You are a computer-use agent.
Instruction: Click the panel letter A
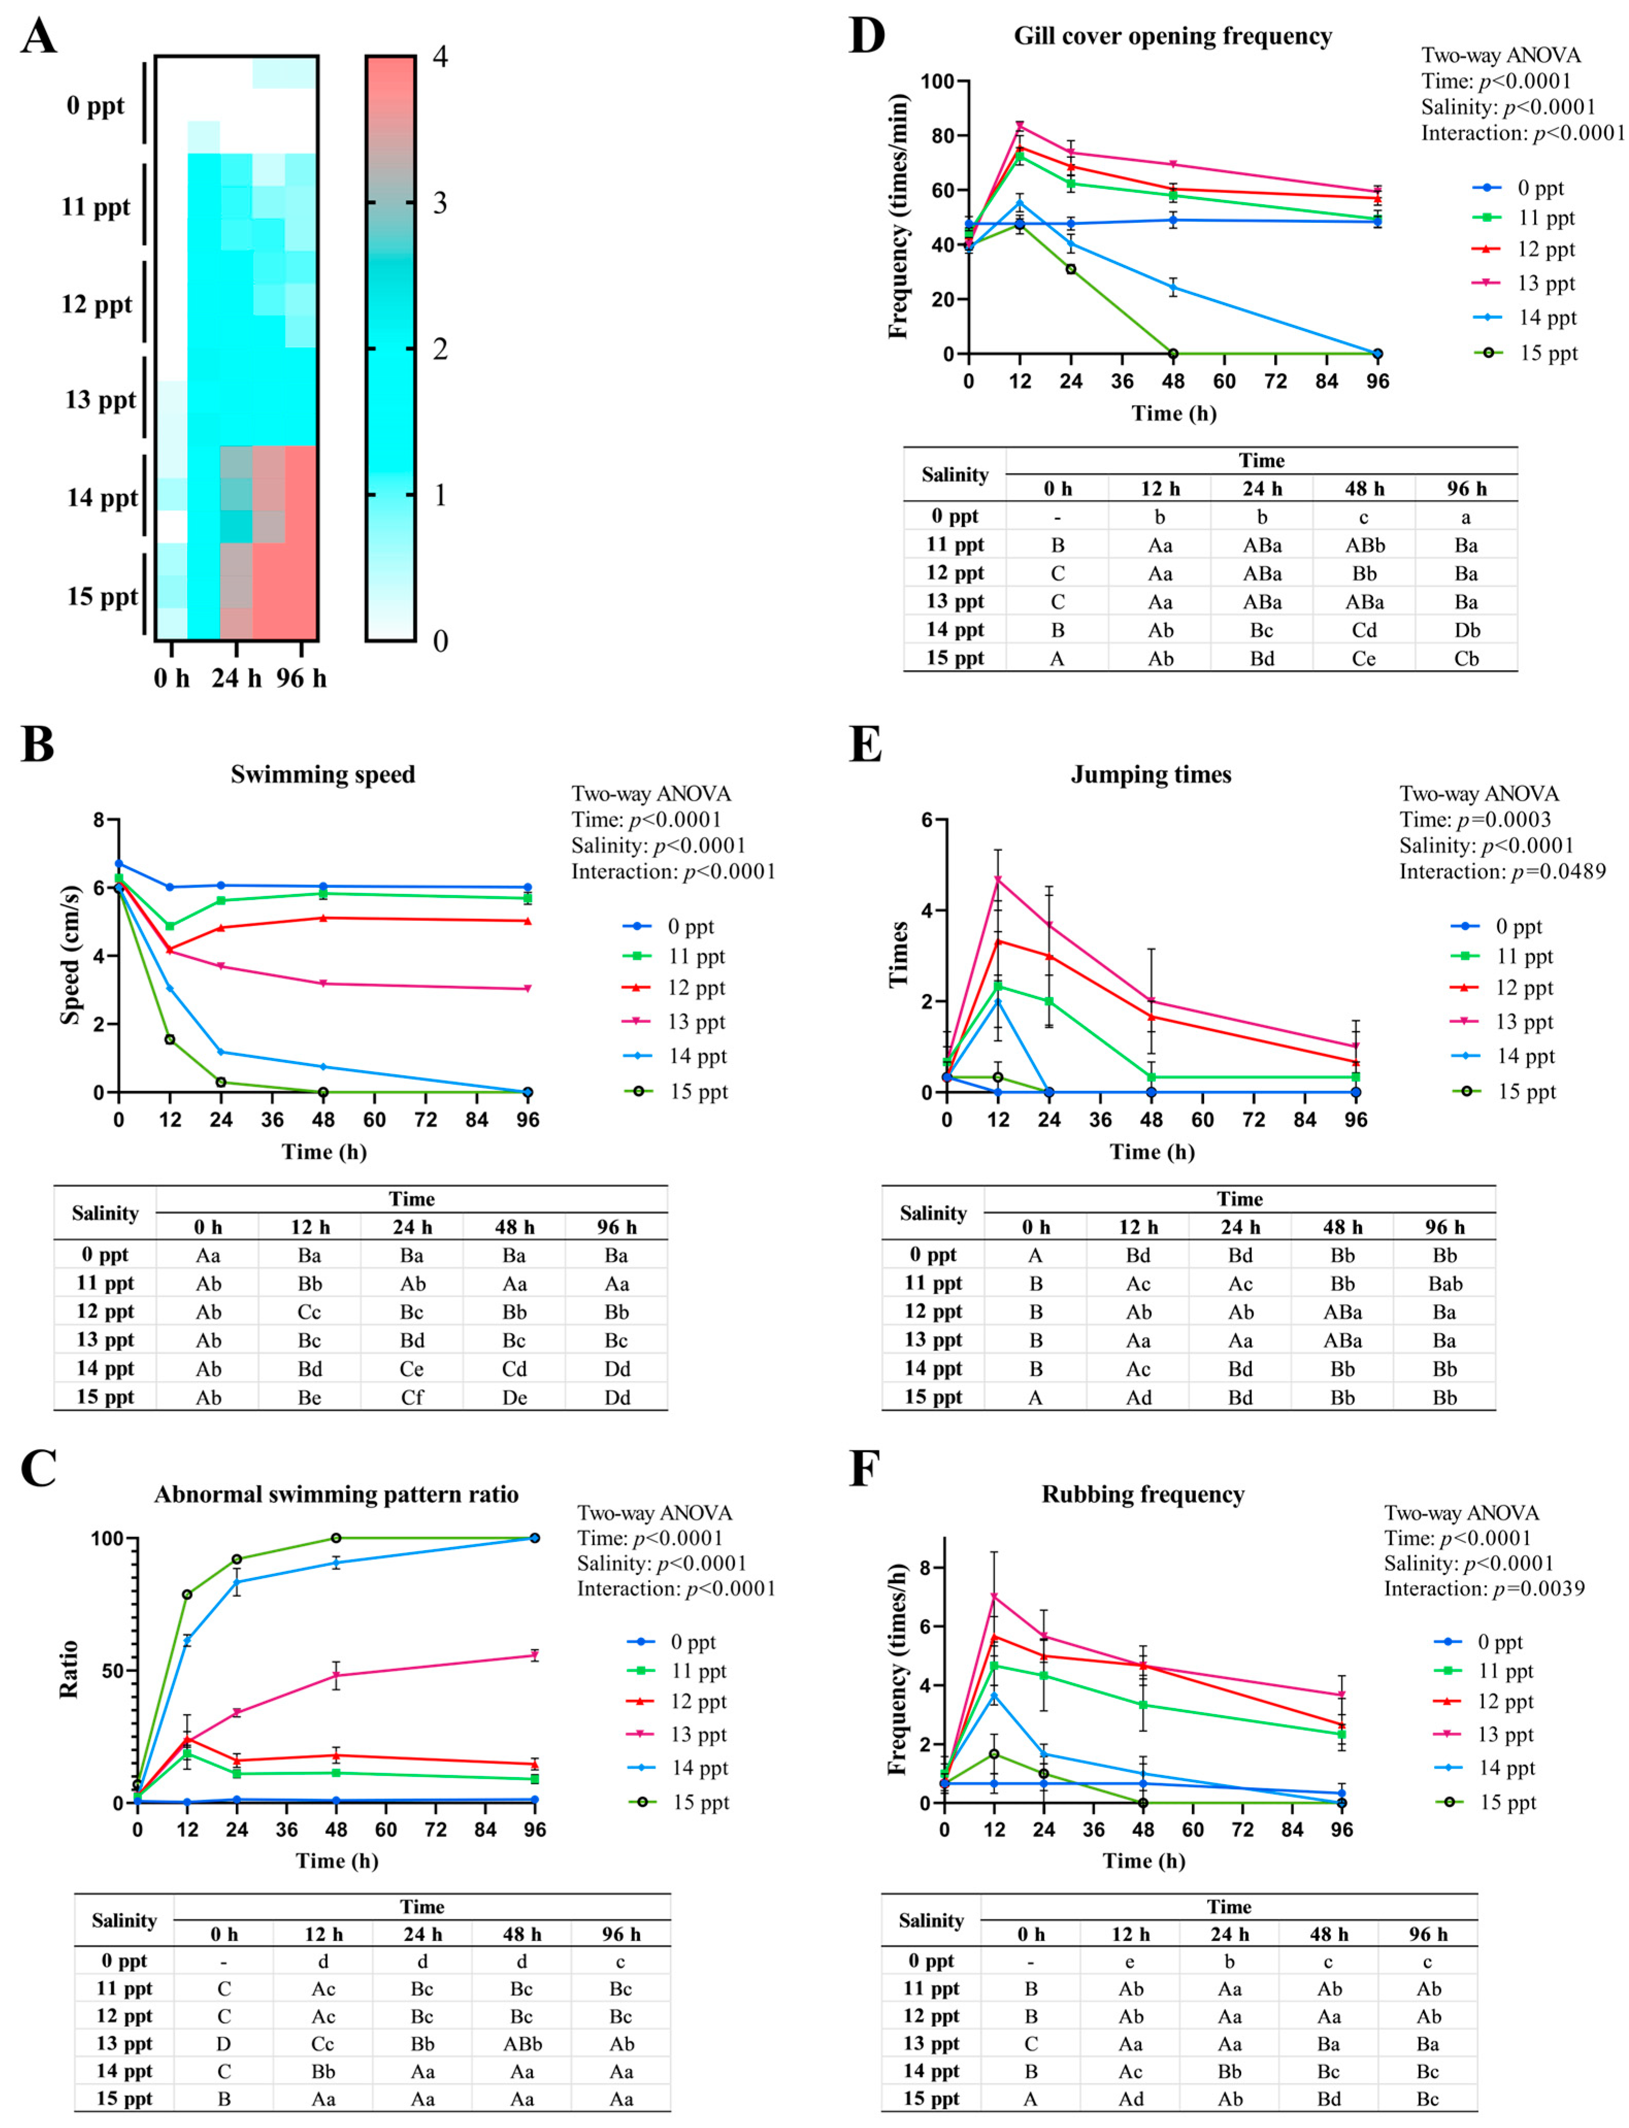point(39,37)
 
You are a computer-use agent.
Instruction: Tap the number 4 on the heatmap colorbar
point(439,56)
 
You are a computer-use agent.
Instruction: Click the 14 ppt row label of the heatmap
point(102,498)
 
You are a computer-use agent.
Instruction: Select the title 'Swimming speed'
point(323,775)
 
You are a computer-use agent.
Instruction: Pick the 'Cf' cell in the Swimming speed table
point(412,1397)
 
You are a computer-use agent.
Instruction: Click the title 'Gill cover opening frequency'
point(1172,37)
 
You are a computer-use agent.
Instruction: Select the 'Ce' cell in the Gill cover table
point(1364,658)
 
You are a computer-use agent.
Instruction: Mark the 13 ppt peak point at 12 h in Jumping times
point(998,879)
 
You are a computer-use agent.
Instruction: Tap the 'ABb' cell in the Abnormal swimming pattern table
point(522,2043)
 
